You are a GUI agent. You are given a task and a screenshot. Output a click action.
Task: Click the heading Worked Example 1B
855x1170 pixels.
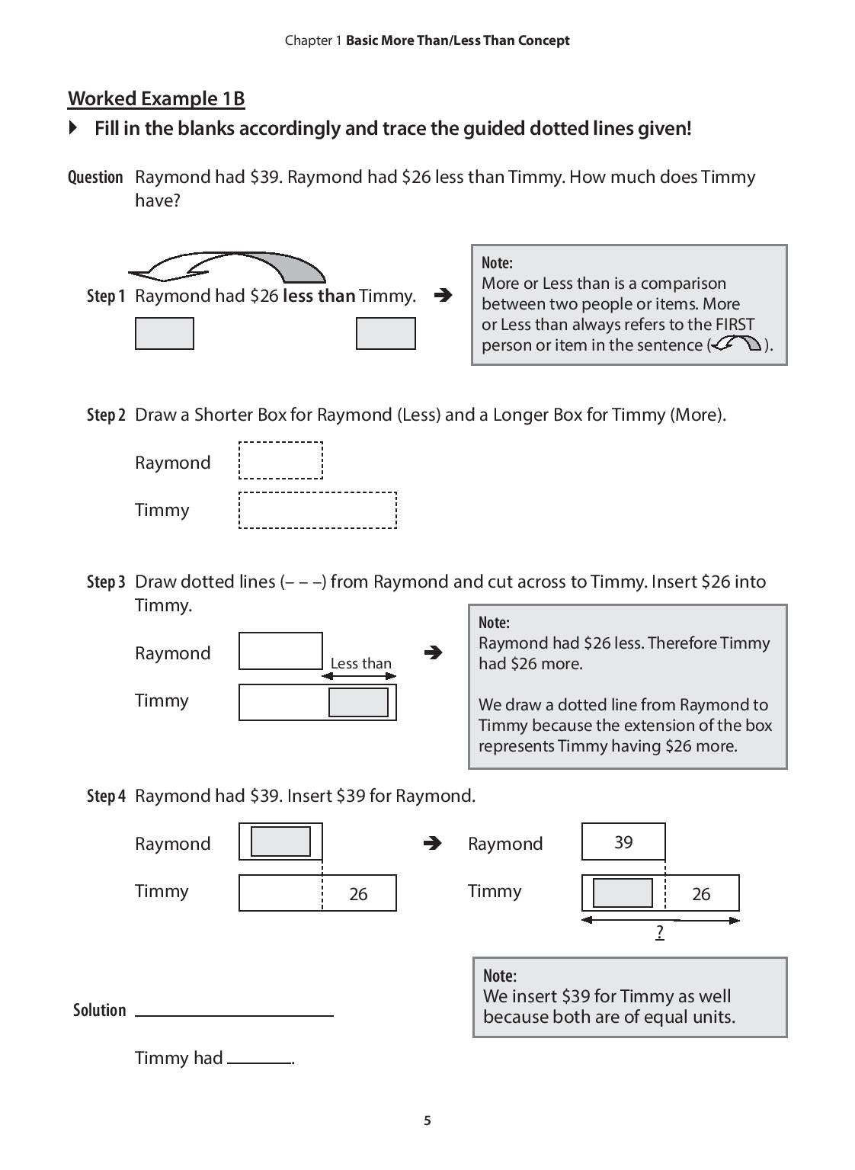pyautogui.click(x=156, y=99)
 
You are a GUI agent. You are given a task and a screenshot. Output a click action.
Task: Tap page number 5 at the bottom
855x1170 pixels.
pyautogui.click(x=427, y=1120)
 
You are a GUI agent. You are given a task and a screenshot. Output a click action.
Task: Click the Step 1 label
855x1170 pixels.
pyautogui.click(x=105, y=297)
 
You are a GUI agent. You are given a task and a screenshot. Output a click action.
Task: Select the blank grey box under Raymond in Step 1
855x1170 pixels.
pyautogui.click(x=165, y=334)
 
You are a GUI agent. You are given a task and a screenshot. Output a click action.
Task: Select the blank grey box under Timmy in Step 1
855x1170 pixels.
pyautogui.click(x=386, y=334)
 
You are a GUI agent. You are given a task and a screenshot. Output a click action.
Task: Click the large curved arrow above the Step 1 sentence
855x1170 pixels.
pyautogui.click(x=229, y=266)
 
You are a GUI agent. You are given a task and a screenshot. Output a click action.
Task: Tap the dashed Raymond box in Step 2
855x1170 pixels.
pyautogui.click(x=280, y=460)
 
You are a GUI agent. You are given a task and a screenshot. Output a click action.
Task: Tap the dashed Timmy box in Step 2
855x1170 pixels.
pyautogui.click(x=318, y=510)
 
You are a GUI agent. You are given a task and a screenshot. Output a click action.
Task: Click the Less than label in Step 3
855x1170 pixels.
pyautogui.click(x=360, y=664)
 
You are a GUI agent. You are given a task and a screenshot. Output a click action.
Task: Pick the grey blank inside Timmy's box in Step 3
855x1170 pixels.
pyautogui.click(x=358, y=702)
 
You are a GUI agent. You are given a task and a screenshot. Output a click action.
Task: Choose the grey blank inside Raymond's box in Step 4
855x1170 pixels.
pyautogui.click(x=280, y=841)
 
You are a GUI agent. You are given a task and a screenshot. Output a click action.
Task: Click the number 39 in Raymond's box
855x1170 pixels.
pyautogui.click(x=623, y=842)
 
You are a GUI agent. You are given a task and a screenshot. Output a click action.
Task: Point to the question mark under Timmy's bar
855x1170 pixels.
pyautogui.click(x=660, y=932)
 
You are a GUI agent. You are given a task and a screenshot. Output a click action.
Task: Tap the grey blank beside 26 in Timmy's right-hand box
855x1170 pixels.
pyautogui.click(x=623, y=893)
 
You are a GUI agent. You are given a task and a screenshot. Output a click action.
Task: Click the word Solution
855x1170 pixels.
pyautogui.click(x=99, y=1011)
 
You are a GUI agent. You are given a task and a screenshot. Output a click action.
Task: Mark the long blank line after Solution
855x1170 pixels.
pyautogui.click(x=235, y=1015)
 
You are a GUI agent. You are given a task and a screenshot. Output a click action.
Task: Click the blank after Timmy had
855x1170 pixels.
pyautogui.click(x=260, y=1061)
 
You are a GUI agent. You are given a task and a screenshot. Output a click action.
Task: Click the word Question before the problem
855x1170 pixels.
pyautogui.click(x=95, y=178)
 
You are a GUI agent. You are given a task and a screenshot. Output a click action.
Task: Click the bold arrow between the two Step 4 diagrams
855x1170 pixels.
pyautogui.click(x=432, y=843)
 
